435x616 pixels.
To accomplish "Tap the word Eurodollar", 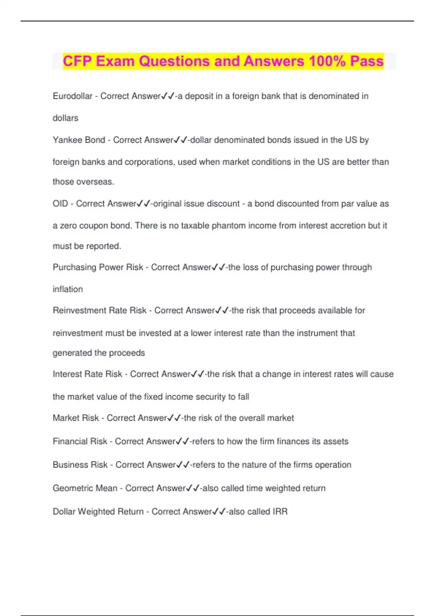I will pyautogui.click(x=72, y=96).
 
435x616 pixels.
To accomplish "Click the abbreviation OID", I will pyautogui.click(x=60, y=204).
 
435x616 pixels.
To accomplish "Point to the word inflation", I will pyautogui.click(x=68, y=289).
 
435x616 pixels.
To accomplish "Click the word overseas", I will pyautogui.click(x=97, y=182).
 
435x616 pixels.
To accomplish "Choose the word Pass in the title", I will pyautogui.click(x=367, y=61).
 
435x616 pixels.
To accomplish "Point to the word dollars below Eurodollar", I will pyautogui.click(x=65, y=118).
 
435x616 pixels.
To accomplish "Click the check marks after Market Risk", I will pyautogui.click(x=174, y=418).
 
